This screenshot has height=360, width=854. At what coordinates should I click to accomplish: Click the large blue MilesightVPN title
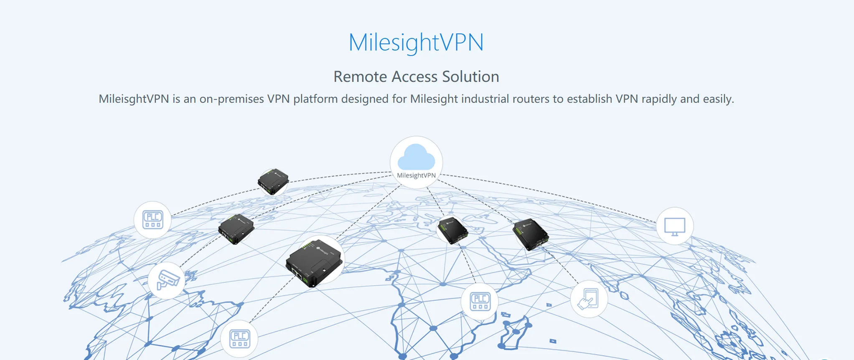pos(416,43)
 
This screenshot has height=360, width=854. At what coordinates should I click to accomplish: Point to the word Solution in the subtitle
pos(470,77)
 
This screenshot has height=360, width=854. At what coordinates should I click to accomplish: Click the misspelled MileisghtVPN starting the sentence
pos(134,99)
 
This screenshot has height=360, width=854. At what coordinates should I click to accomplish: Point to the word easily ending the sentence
pos(718,99)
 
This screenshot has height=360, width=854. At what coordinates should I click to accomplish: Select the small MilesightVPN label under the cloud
pos(416,175)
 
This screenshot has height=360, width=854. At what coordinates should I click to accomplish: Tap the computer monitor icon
pos(674,226)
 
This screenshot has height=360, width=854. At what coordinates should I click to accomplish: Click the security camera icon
pos(167,280)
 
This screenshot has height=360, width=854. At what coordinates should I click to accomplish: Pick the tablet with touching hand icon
pos(589,299)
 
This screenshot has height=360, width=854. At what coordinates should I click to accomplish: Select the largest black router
pos(314,262)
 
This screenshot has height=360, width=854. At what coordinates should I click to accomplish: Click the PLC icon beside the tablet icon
pos(480,302)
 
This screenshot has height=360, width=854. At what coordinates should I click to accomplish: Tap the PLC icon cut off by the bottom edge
pos(239,339)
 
